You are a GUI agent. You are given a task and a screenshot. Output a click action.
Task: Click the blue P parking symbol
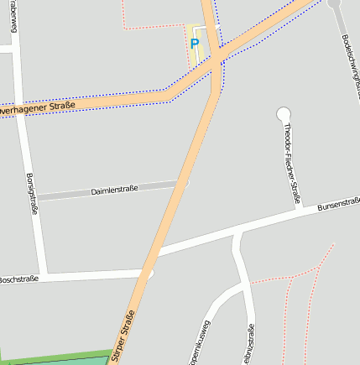195,44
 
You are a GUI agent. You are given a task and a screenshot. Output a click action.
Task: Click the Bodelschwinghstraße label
351,64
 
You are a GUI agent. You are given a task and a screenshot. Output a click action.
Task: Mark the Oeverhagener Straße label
38,107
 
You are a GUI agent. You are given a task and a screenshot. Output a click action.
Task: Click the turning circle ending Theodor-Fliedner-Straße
283,113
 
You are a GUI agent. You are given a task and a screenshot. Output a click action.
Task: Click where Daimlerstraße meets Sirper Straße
180,183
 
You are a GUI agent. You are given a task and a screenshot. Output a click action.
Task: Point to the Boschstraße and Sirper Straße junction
148,274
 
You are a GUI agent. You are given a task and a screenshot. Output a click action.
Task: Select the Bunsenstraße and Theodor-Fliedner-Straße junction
300,210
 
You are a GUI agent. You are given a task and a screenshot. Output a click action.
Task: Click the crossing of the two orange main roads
215,57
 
